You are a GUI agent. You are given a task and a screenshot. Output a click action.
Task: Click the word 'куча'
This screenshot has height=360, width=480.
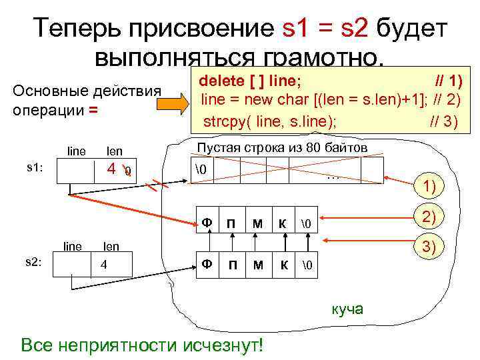click(347, 308)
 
